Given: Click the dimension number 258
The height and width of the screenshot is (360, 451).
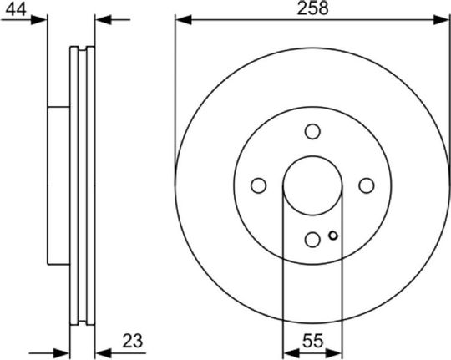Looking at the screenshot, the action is pyautogui.click(x=312, y=8).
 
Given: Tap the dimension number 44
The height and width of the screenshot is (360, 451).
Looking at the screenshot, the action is pyautogui.click(x=16, y=9).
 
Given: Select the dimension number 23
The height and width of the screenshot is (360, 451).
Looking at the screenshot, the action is pyautogui.click(x=133, y=341).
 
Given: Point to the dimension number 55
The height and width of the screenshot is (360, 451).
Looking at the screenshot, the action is pyautogui.click(x=312, y=341).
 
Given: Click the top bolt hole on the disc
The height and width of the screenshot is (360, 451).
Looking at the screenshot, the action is pyautogui.click(x=312, y=131).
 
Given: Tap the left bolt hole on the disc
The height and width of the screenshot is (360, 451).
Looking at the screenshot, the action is pyautogui.click(x=258, y=185).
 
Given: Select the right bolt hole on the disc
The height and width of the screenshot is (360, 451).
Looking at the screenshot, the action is pyautogui.click(x=367, y=185).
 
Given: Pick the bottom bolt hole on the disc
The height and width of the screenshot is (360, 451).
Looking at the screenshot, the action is pyautogui.click(x=312, y=240).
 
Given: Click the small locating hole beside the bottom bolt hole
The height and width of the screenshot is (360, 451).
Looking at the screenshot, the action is pyautogui.click(x=333, y=236).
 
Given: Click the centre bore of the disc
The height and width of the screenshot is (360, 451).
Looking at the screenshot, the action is pyautogui.click(x=312, y=185).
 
